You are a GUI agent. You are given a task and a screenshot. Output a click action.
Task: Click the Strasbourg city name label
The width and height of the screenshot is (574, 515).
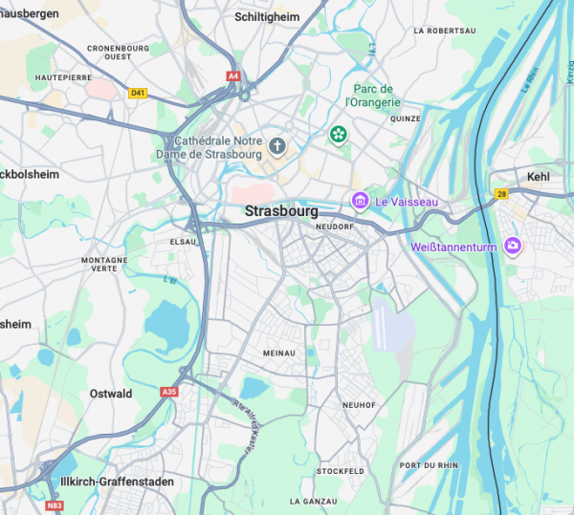pos(281,211)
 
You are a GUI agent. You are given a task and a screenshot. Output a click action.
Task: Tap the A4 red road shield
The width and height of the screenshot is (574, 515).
pos(233,75)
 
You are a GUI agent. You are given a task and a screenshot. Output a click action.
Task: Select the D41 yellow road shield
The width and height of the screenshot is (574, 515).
pos(138,93)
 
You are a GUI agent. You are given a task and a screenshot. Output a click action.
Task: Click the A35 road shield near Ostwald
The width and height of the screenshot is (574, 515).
pos(169,392)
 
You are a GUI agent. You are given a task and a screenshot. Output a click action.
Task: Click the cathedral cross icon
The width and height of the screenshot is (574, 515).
pos(277,146)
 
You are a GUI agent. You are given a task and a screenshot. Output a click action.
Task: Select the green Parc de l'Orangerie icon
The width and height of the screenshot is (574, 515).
pos(338,136)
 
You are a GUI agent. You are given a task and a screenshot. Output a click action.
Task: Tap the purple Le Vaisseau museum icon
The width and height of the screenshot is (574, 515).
pos(360,201)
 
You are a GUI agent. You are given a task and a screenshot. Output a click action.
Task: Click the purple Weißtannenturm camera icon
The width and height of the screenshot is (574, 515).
pos(513,247)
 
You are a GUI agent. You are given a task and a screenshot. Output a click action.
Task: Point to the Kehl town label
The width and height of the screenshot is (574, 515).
pos(539,177)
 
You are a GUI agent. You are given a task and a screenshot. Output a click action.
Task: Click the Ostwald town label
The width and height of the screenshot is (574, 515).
pos(111,394)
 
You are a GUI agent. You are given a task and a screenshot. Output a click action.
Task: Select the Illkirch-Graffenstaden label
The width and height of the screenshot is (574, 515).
pos(118,482)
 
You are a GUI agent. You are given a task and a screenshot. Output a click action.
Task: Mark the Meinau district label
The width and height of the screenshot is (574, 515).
pos(279,354)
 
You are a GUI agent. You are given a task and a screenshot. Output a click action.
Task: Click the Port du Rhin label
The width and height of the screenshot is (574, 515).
pos(429,465)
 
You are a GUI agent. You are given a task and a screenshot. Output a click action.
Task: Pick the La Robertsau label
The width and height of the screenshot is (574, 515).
pos(445,31)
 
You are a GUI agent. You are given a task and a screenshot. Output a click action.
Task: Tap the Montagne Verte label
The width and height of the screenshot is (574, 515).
pos(104,265)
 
